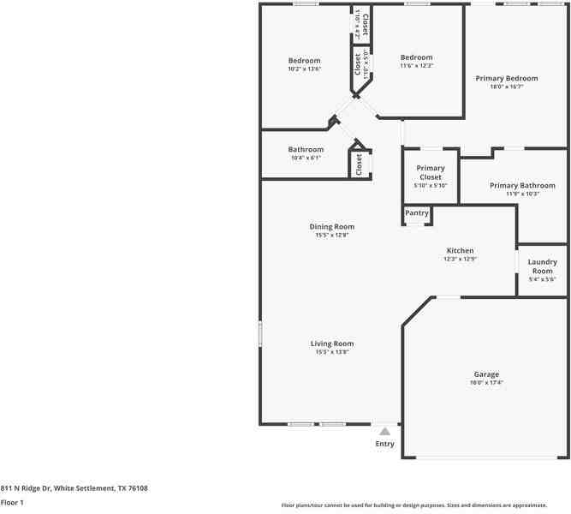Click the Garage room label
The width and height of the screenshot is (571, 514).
click(486, 374)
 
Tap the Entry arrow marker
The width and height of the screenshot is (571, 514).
click(385, 432)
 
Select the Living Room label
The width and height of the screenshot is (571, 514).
click(332, 344)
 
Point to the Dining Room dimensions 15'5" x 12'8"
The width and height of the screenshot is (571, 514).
click(332, 235)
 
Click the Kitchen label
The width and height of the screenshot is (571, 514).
click(459, 251)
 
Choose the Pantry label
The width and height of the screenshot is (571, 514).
click(417, 213)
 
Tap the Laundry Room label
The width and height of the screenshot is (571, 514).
click(543, 266)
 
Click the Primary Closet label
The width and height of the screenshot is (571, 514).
click(431, 172)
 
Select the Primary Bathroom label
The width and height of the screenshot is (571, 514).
click(522, 185)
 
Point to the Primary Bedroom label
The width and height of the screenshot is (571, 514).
click(507, 78)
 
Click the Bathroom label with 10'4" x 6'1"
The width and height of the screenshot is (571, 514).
click(306, 149)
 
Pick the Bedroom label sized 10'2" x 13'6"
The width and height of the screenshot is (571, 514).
click(304, 61)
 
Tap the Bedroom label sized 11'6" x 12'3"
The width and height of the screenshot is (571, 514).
click(417, 57)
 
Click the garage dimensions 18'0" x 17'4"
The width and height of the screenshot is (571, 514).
click(486, 383)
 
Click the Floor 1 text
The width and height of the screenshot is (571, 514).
click(12, 504)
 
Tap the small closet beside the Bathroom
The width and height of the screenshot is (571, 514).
click(360, 163)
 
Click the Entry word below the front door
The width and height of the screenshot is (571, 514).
click(385, 444)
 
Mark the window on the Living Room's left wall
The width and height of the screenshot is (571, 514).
click(260, 334)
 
